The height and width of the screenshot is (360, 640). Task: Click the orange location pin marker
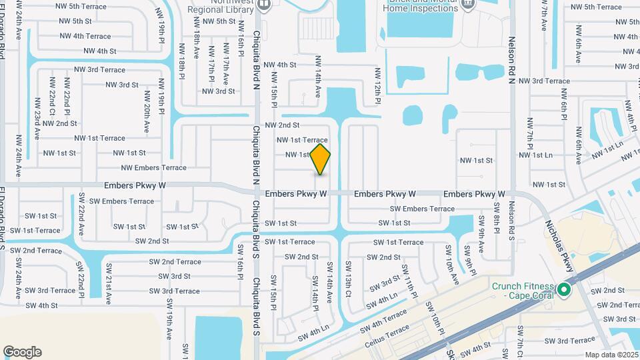(321, 159)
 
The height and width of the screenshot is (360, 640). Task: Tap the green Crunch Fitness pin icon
(564, 289)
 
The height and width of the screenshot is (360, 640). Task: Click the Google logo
(22, 352)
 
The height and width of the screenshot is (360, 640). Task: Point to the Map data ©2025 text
(610, 355)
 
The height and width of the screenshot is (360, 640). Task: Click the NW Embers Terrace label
(153, 168)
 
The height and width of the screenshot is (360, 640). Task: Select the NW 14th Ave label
(318, 75)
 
